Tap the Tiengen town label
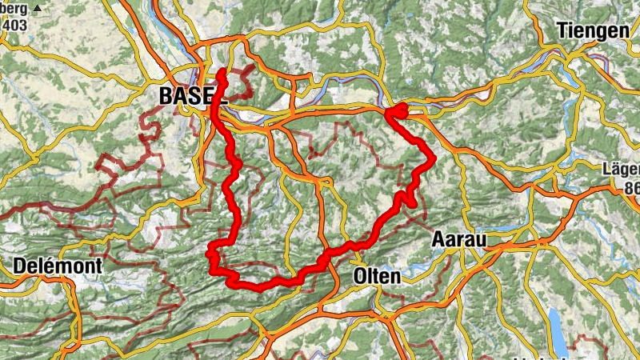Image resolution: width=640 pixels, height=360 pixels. click(x=593, y=30)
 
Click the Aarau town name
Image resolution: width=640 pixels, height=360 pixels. click(x=459, y=239)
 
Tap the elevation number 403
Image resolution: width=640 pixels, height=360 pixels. click(x=15, y=25)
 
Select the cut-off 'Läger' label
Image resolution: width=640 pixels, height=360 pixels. click(x=623, y=170)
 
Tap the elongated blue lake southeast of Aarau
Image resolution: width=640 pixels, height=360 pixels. click(x=554, y=323)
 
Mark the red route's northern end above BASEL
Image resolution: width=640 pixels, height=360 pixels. click(x=222, y=73)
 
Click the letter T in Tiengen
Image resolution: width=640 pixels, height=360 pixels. click(x=562, y=30)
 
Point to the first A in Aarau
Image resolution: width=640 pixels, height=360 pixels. click(x=438, y=239)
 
